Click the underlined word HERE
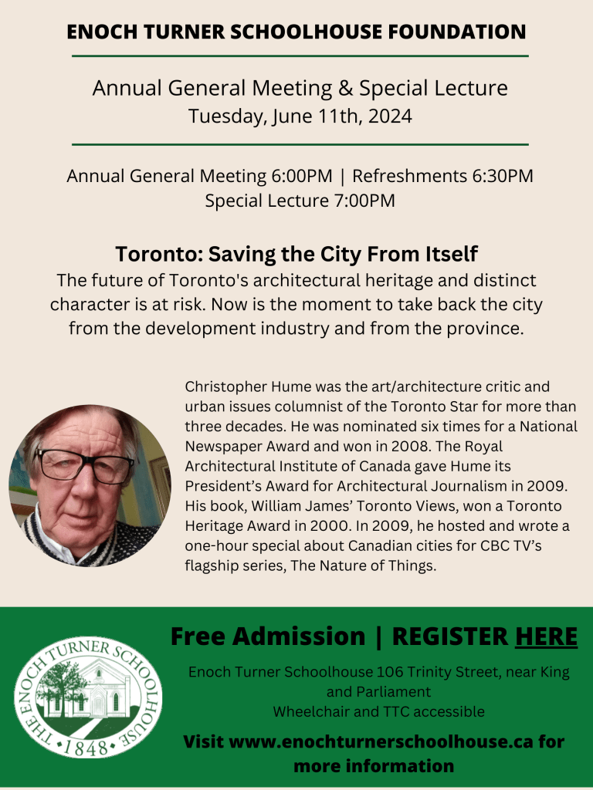(x=546, y=636)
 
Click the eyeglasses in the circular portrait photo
(x=83, y=465)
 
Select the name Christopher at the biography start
(x=220, y=386)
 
